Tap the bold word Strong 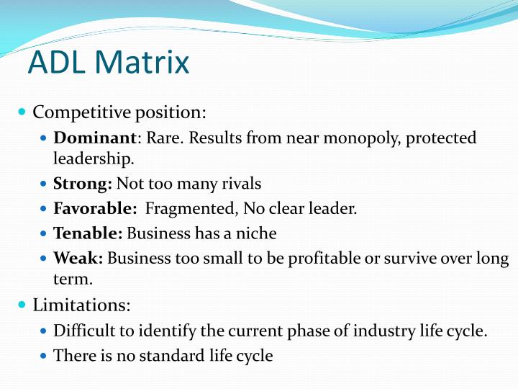pos(82,184)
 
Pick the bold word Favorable pos(95,209)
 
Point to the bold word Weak pos(78,258)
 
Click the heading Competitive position pos(119,112)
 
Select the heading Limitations pos(81,305)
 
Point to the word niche pos(258,233)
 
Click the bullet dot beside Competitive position pos(22,112)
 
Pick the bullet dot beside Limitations pos(22,305)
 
